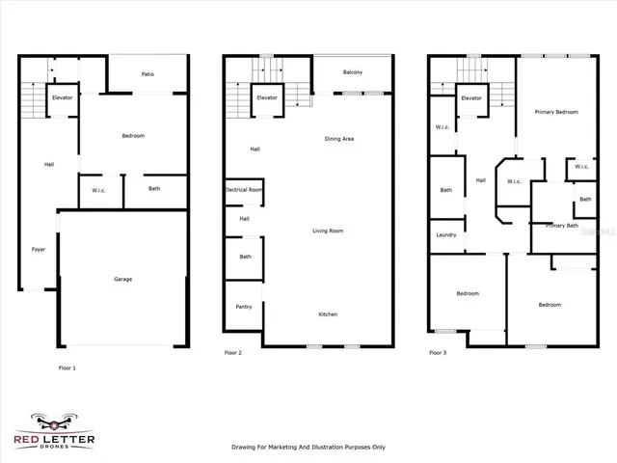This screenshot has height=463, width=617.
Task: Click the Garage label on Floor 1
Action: pyautogui.click(x=122, y=280)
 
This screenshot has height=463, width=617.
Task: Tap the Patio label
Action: pyautogui.click(x=148, y=74)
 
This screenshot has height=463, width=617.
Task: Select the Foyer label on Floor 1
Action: pyautogui.click(x=39, y=250)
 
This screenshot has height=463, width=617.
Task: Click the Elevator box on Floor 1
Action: pyautogui.click(x=64, y=98)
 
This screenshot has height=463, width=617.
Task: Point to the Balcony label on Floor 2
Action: pyautogui.click(x=352, y=74)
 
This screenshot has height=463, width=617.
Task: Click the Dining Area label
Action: pyautogui.click(x=339, y=139)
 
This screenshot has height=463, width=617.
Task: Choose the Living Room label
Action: pyautogui.click(x=328, y=231)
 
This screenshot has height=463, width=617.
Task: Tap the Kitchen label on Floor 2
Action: pyautogui.click(x=328, y=314)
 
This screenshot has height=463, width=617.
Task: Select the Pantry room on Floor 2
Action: pyautogui.click(x=244, y=307)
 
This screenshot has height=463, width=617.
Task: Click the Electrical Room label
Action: pyautogui.click(x=243, y=190)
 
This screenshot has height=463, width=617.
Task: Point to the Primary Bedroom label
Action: pyautogui.click(x=556, y=112)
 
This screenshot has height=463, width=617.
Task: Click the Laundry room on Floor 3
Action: pyautogui.click(x=445, y=235)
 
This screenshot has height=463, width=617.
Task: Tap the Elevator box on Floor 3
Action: pyautogui.click(x=471, y=98)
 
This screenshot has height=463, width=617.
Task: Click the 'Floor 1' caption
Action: pyautogui.click(x=67, y=368)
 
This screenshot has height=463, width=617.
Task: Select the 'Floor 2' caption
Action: pyautogui.click(x=233, y=353)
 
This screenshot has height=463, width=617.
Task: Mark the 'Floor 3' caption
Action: pyautogui.click(x=438, y=353)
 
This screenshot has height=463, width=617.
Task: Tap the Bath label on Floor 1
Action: pyautogui.click(x=154, y=188)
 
